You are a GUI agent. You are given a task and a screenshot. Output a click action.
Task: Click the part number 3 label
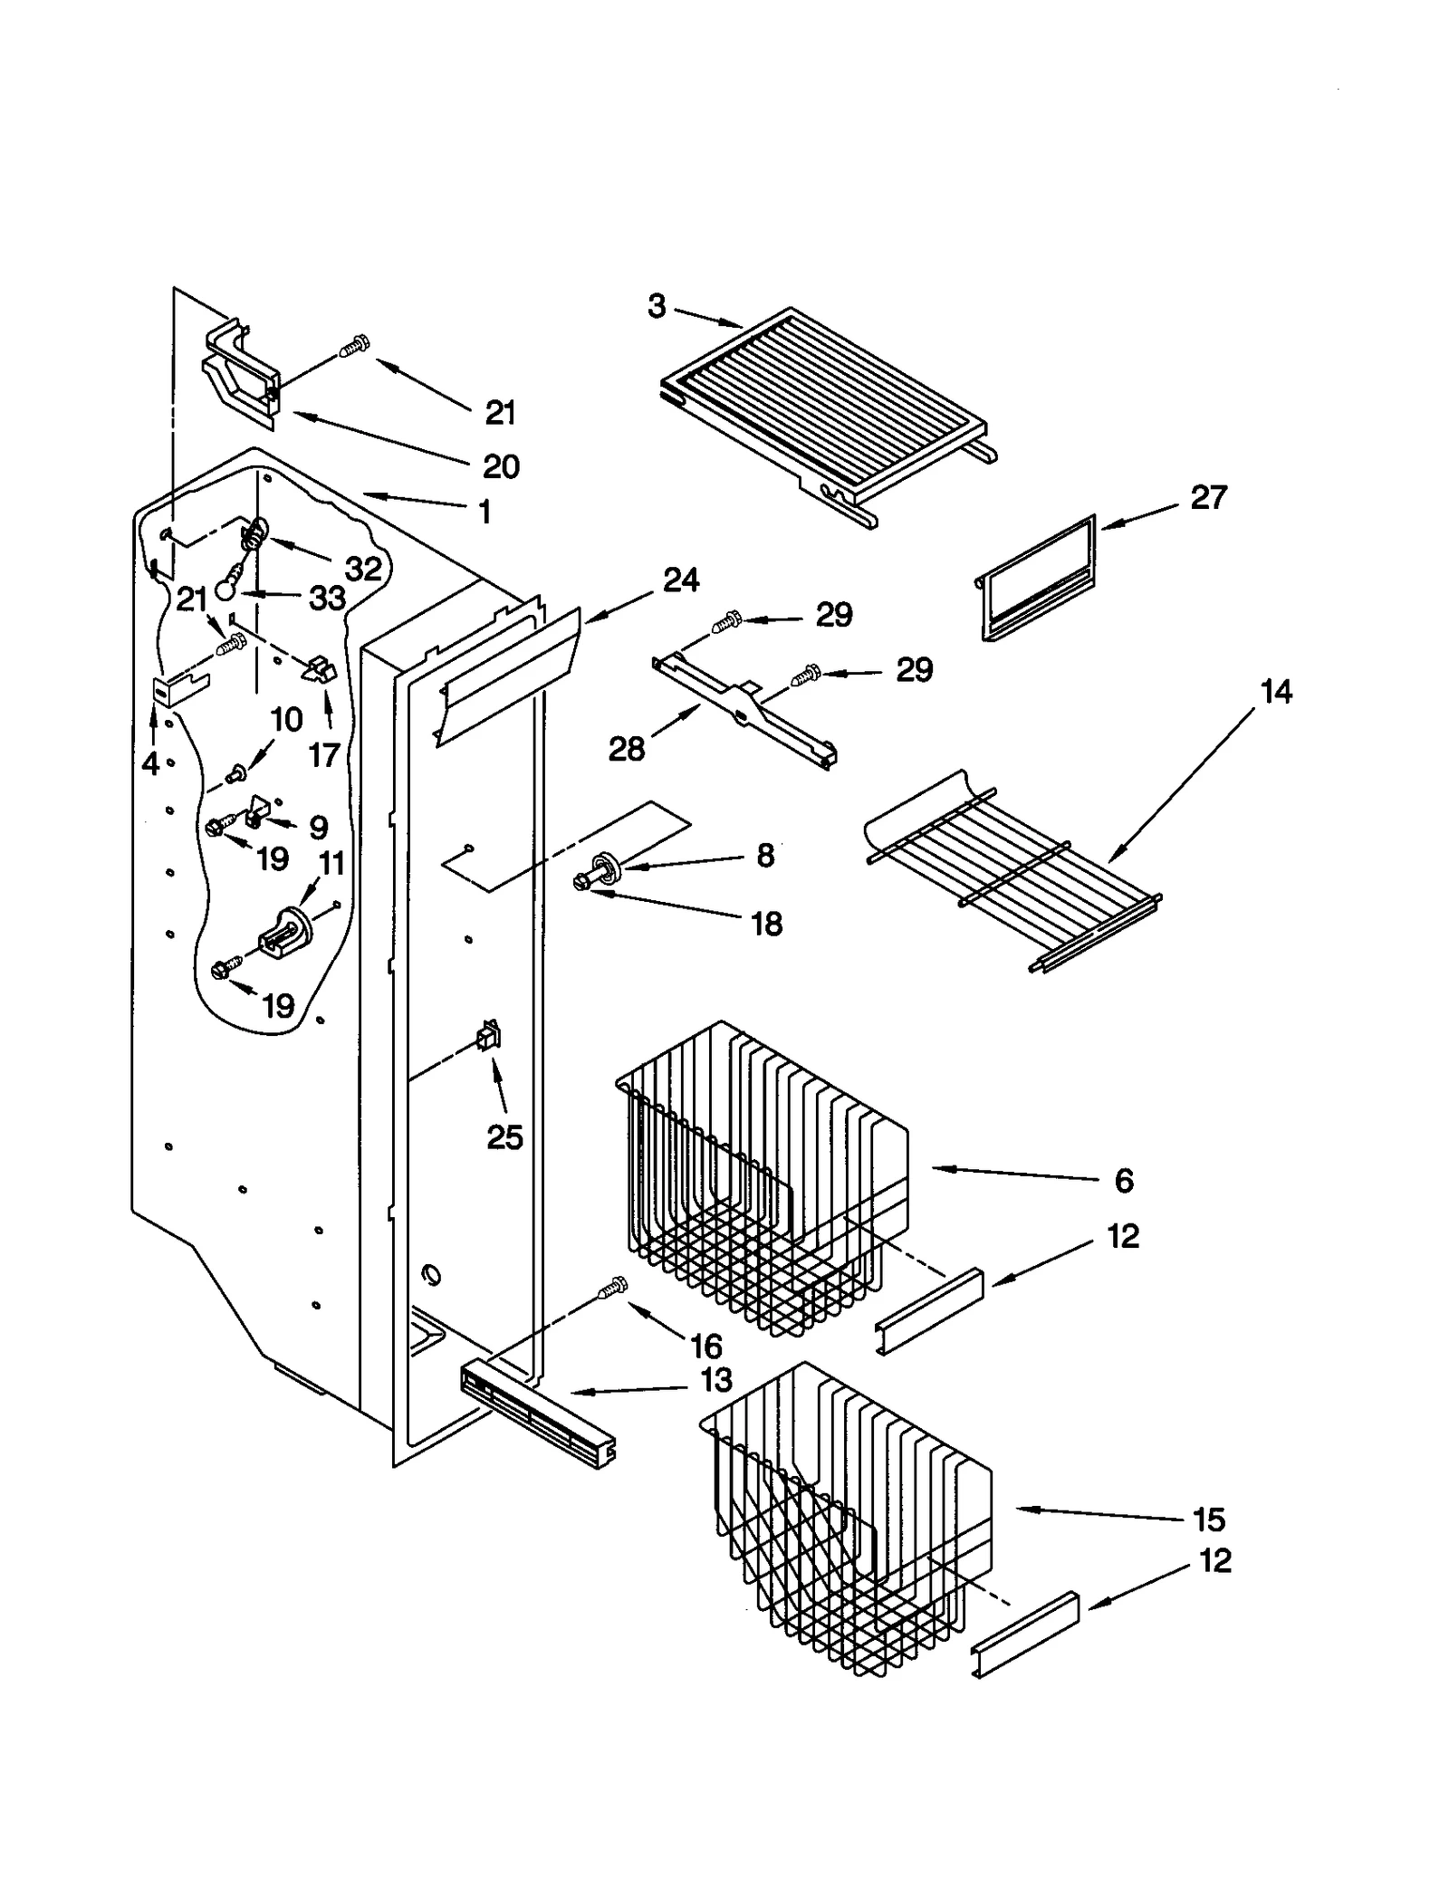coord(657,307)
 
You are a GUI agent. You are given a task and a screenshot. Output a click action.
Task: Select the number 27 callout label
coord(1207,498)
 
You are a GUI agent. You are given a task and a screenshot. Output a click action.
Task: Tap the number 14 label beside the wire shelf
coord(1275,693)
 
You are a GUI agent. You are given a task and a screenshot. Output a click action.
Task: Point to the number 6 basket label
coord(1123,1181)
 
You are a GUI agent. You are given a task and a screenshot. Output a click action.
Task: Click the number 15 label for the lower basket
coord(1208,1519)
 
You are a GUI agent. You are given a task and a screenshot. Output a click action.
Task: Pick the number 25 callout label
coord(504,1137)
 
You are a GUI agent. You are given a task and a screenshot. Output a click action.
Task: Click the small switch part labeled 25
coord(490,1036)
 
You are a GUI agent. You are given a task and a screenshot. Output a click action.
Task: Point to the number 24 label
coord(680,580)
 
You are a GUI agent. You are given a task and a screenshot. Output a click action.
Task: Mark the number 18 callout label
coord(766,925)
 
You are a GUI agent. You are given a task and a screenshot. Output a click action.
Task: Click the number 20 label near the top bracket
coord(501,467)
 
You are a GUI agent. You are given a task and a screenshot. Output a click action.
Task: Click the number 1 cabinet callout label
coord(485,513)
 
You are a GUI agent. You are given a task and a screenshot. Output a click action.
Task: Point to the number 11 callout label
coord(331,864)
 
